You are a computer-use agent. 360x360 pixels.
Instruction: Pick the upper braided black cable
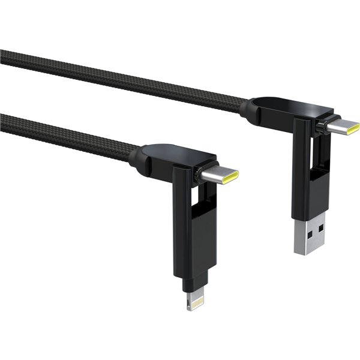pyautogui.click(x=120, y=77)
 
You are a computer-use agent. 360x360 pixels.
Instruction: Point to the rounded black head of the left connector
pyautogui.click(x=168, y=157)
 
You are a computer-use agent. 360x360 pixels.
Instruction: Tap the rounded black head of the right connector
pyautogui.click(x=282, y=108)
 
